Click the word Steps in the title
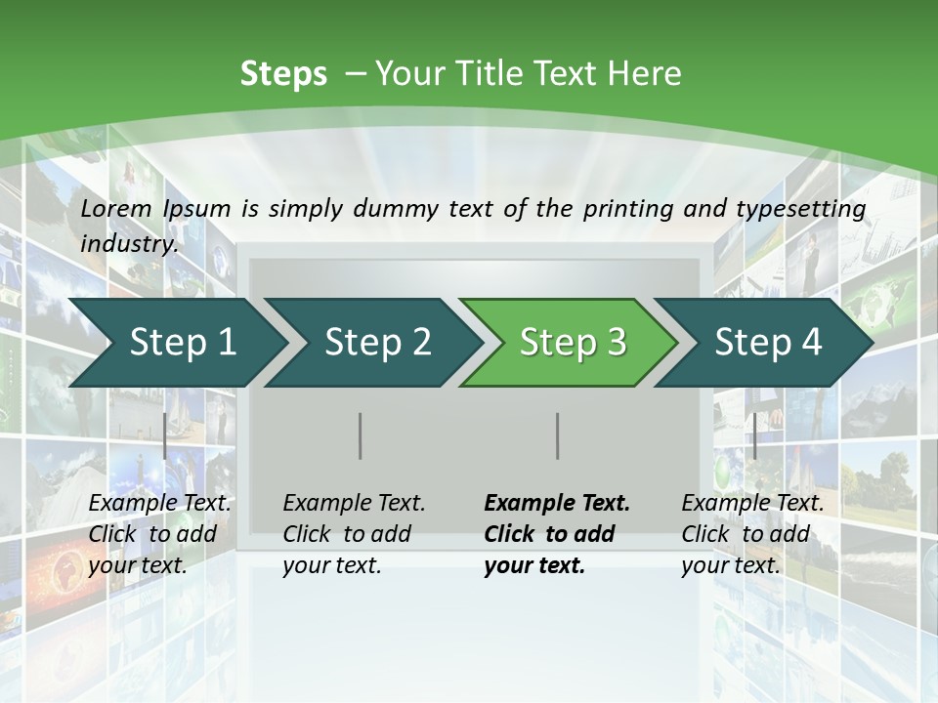pos(283,73)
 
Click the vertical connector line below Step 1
pos(165,435)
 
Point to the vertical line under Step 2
pos(361,435)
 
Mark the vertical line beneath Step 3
pos(558,435)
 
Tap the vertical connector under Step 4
pos(754,435)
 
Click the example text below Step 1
pos(159,534)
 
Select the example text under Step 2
pos(354,534)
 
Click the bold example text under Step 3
pos(557,534)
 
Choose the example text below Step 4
pos(752,534)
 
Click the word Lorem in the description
pos(116,208)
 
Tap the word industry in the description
pos(128,243)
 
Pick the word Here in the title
pos(645,73)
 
